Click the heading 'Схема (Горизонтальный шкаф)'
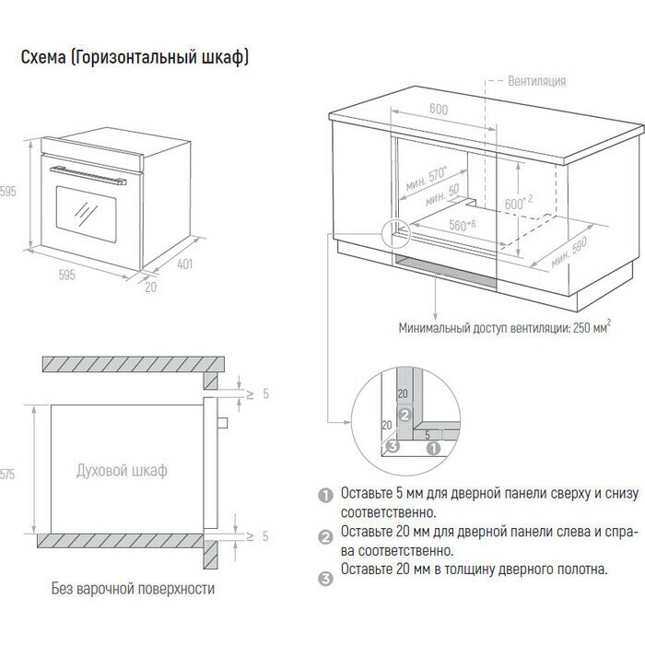coord(135,57)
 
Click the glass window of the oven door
coord(86,212)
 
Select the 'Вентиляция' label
coord(536,81)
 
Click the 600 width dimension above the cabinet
coord(438,109)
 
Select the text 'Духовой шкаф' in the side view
coord(122,471)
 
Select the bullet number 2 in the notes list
coord(324,536)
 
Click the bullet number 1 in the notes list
coord(324,495)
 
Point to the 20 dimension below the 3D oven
coord(150,287)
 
